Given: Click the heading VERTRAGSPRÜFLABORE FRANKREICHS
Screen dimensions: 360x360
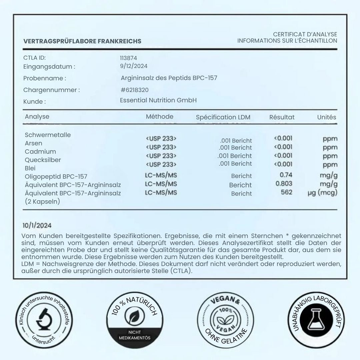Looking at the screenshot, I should click(x=82, y=41).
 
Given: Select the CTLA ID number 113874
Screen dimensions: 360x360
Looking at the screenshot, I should click(x=128, y=58).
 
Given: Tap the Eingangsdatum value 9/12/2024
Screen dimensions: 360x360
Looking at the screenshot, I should click(x=134, y=66).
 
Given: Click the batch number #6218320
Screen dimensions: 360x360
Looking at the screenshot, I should click(x=135, y=90).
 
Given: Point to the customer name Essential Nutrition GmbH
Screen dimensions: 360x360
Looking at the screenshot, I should click(x=158, y=100).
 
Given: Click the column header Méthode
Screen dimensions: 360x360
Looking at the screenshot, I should click(x=160, y=116).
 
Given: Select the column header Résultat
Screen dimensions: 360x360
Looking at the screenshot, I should click(x=282, y=117).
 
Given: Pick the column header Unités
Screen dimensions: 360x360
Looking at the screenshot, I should click(x=326, y=117).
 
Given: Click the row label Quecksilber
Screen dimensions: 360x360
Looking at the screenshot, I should click(x=43, y=160).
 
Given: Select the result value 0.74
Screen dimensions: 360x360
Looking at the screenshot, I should click(x=286, y=175).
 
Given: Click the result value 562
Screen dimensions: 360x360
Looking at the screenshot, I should click(x=287, y=192).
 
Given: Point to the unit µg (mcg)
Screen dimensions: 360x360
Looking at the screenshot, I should click(x=322, y=193).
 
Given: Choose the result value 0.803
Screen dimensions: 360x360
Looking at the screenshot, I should click(x=284, y=183).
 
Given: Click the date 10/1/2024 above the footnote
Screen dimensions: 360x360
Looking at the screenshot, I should click(x=37, y=226).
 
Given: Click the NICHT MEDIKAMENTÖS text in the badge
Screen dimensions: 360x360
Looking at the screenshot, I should click(x=135, y=335).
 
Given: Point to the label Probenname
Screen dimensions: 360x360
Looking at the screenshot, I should click(x=45, y=78).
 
